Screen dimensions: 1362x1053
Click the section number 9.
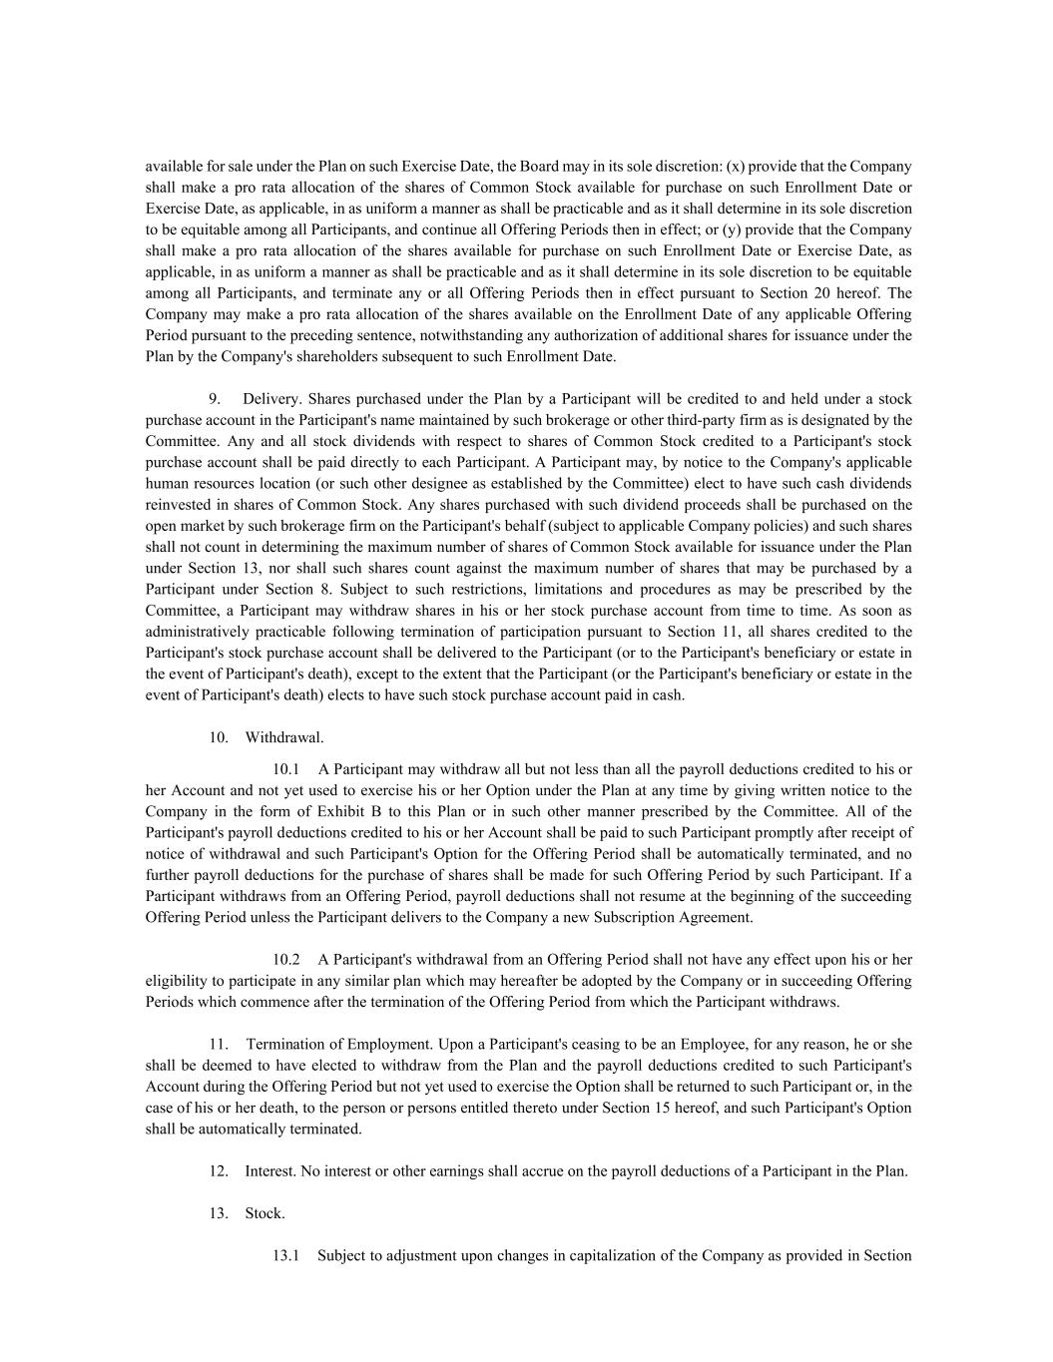(x=215, y=399)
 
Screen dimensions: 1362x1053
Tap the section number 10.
(x=219, y=737)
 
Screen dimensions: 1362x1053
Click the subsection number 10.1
(x=285, y=769)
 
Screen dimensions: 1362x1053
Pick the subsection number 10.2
(x=285, y=960)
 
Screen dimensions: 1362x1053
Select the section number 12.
(x=219, y=1171)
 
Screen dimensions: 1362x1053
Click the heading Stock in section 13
(x=264, y=1213)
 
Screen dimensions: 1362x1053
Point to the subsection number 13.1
(x=285, y=1255)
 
